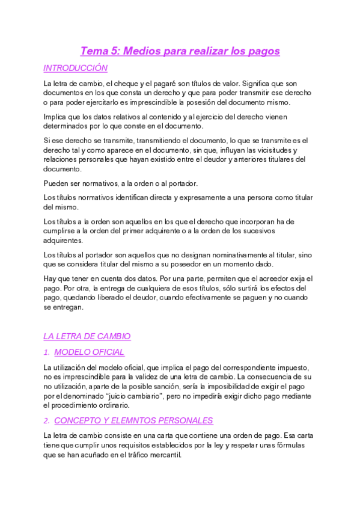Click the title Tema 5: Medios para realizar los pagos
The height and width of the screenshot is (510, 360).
click(x=180, y=51)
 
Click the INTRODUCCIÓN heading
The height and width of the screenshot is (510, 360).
click(x=76, y=69)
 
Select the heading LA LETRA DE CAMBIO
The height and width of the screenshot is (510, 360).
click(x=87, y=336)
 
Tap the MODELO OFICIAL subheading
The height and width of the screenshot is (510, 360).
click(x=89, y=352)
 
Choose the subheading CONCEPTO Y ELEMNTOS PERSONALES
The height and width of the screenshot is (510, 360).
click(x=133, y=420)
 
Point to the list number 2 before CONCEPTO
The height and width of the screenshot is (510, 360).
click(x=46, y=420)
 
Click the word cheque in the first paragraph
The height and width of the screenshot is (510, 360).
click(x=129, y=84)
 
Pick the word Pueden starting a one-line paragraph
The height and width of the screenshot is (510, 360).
click(x=57, y=183)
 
